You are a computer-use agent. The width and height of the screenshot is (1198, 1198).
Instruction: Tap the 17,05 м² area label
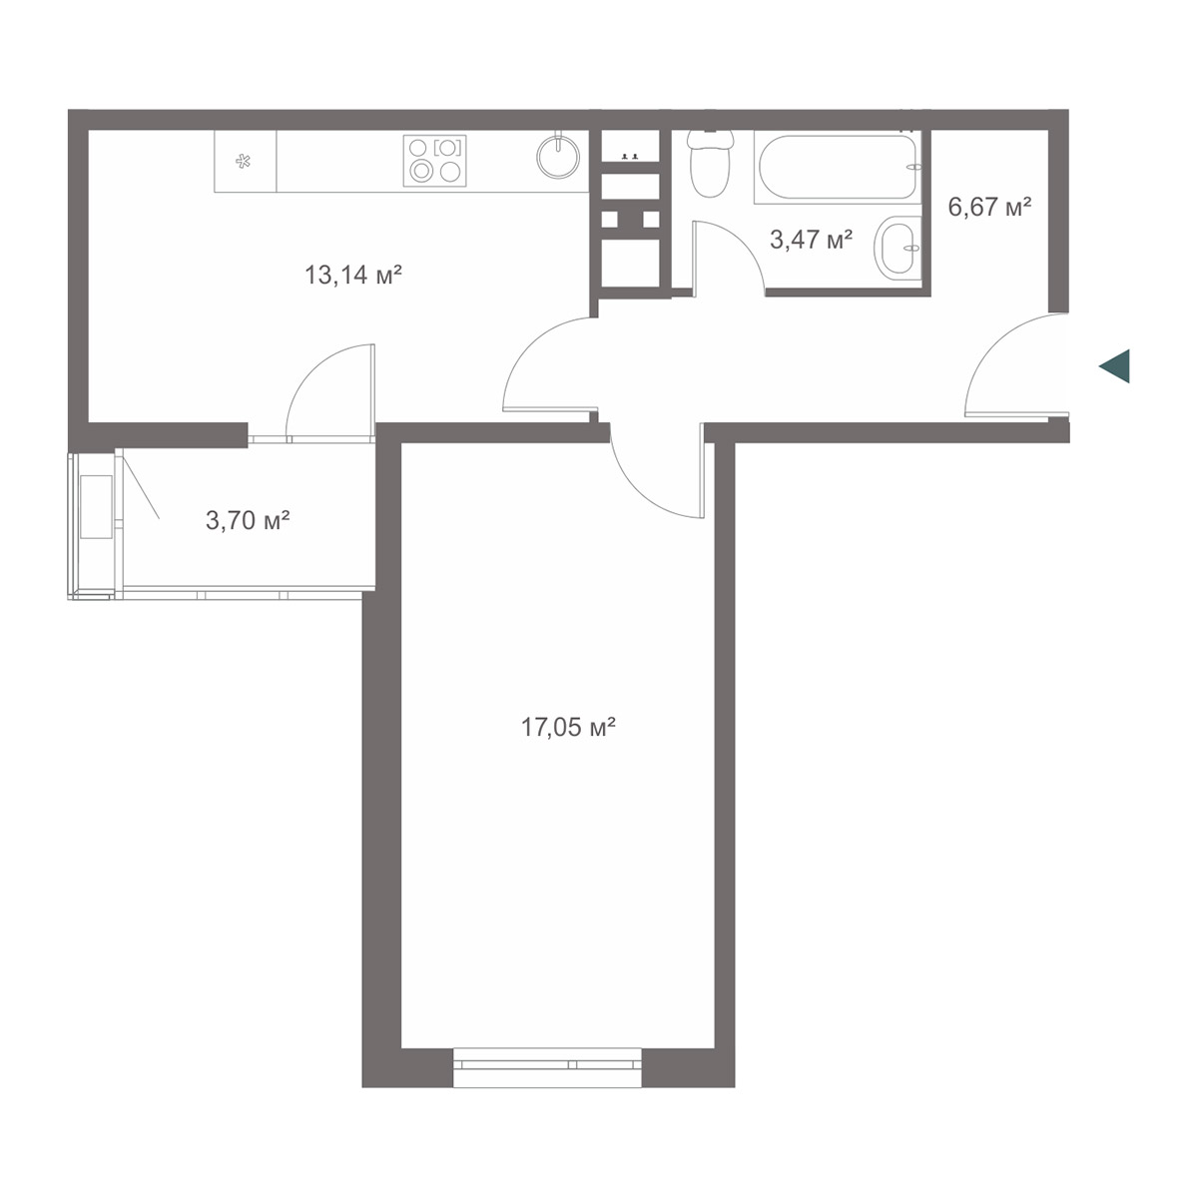click(568, 726)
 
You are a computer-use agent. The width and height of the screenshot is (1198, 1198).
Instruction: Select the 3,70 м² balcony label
click(248, 520)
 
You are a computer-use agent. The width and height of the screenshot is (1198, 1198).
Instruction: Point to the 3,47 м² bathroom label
click(811, 239)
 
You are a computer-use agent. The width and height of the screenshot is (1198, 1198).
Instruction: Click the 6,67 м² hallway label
click(990, 207)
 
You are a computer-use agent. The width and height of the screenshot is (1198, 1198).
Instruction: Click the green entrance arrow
click(1114, 366)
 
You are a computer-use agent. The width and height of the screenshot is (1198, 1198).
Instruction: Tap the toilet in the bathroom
click(710, 163)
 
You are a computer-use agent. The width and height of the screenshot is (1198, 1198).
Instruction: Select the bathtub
click(838, 167)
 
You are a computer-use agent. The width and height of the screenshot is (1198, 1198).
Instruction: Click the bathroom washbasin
click(898, 248)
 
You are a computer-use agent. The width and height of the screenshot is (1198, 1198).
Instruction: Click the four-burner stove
click(434, 161)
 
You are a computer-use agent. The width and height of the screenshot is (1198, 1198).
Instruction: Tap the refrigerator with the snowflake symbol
click(245, 161)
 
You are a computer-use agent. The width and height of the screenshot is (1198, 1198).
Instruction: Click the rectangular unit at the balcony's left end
click(97, 507)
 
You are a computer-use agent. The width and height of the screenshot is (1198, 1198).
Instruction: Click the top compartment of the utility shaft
click(630, 146)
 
